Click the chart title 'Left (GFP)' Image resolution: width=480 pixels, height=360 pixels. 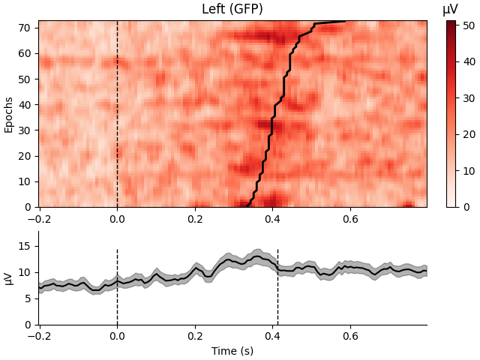coord(232,10)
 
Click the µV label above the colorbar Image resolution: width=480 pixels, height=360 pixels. coord(450,10)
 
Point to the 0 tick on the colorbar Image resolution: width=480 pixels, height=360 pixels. coord(465,207)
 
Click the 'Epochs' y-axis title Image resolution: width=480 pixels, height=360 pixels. coord(9,114)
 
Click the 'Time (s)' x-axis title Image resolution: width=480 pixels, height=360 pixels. coord(232,351)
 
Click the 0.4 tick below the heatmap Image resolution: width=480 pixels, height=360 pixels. coord(272,219)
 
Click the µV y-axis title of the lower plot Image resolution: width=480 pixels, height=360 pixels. coord(9,277)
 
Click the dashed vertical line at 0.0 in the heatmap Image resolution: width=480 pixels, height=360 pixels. coord(117,112)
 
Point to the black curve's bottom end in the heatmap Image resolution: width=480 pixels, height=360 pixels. coord(248,205)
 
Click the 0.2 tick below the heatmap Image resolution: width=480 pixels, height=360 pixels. coord(195,219)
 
